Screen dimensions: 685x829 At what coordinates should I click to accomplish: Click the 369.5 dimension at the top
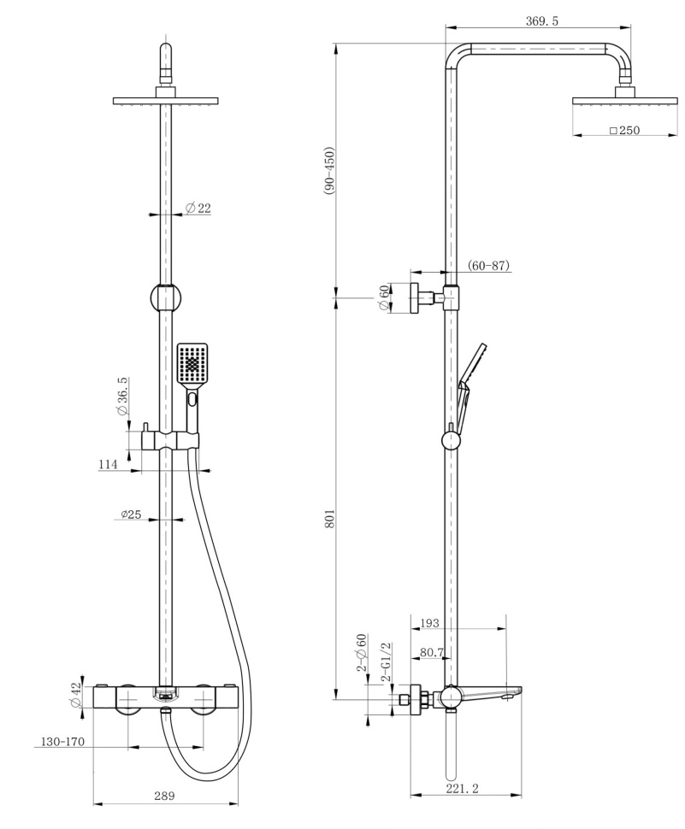pyautogui.click(x=541, y=21)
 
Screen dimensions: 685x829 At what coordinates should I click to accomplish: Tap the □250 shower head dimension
pyautogui.click(x=624, y=130)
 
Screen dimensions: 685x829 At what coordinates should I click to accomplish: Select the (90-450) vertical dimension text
pyautogui.click(x=329, y=171)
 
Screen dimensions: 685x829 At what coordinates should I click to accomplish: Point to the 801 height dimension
pyautogui.click(x=329, y=519)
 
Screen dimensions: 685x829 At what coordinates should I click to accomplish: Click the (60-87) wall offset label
pyautogui.click(x=489, y=265)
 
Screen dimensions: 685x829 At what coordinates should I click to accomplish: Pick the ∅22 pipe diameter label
pyautogui.click(x=198, y=209)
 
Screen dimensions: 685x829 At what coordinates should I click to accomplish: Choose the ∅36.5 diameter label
pyautogui.click(x=122, y=397)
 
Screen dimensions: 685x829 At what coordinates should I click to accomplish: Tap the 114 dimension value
pyautogui.click(x=108, y=464)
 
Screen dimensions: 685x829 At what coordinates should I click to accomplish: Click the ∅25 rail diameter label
pyautogui.click(x=131, y=514)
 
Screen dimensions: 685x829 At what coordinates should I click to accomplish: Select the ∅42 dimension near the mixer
pyautogui.click(x=74, y=695)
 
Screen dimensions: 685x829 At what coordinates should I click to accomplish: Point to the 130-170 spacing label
pyautogui.click(x=59, y=742)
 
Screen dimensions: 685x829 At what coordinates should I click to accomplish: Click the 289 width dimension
pyautogui.click(x=164, y=795)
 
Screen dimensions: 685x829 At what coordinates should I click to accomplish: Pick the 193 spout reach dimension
pyautogui.click(x=429, y=623)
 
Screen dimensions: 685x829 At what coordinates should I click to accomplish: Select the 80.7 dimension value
pyautogui.click(x=432, y=652)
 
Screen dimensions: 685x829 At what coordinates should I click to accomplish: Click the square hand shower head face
pyautogui.click(x=192, y=364)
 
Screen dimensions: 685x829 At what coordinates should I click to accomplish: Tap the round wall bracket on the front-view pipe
pyautogui.click(x=166, y=297)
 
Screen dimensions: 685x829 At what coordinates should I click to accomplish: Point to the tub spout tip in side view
pyautogui.click(x=519, y=691)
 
